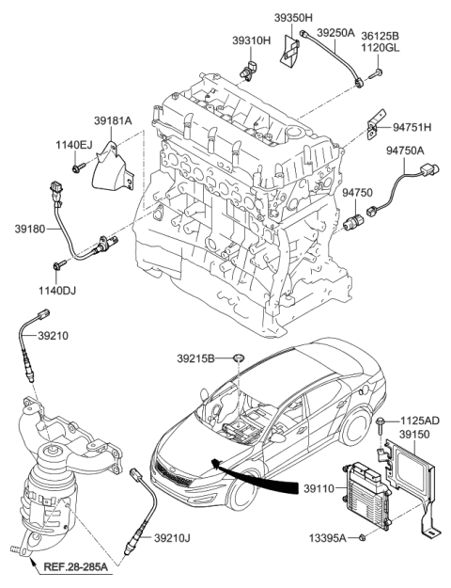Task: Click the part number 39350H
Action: coord(294,16)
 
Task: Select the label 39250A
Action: coord(335,32)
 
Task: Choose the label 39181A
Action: coord(113,120)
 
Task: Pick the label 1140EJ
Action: coord(74,144)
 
